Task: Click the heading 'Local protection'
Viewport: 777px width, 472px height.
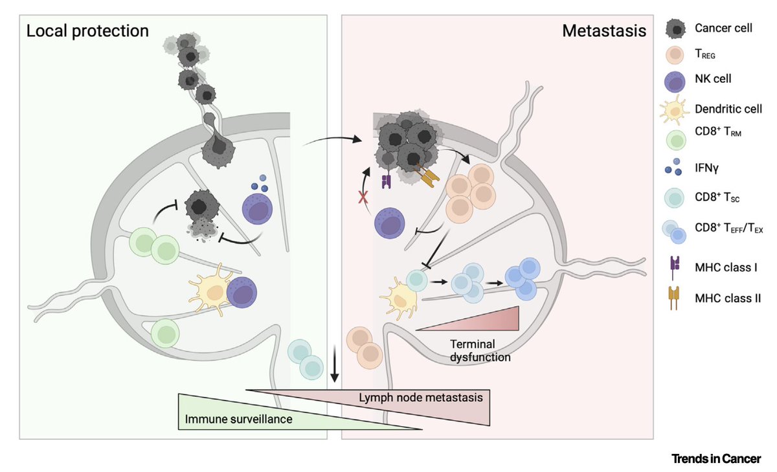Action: tap(87, 30)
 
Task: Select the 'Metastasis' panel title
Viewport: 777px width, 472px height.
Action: tap(603, 30)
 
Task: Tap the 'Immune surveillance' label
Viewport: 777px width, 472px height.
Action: tap(238, 419)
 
